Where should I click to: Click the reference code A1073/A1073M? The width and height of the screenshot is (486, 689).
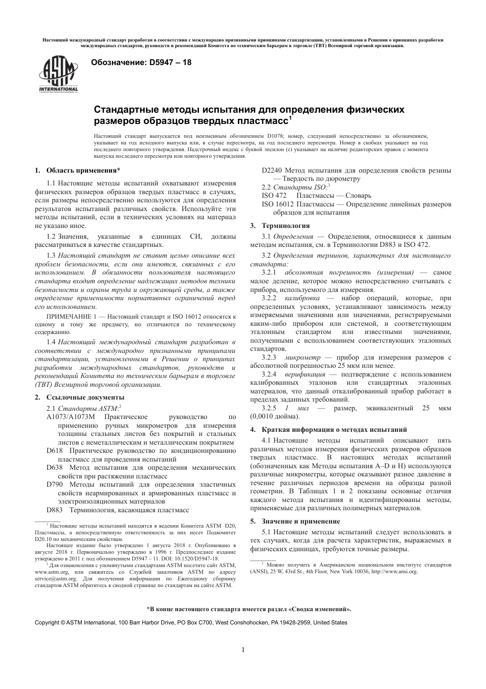[x=71, y=417]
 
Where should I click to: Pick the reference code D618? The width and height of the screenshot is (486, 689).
[x=55, y=451]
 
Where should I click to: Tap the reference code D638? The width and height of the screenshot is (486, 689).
[x=55, y=468]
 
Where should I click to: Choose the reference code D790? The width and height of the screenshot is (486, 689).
[x=55, y=484]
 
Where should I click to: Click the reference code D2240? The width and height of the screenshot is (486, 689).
[x=271, y=170]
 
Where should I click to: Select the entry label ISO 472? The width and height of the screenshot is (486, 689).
[x=274, y=195]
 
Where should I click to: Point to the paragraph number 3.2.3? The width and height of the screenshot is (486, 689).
[x=269, y=357]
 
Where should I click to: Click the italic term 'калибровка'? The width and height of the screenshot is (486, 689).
[x=302, y=298]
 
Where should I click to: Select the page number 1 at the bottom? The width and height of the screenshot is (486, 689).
[x=243, y=650]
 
